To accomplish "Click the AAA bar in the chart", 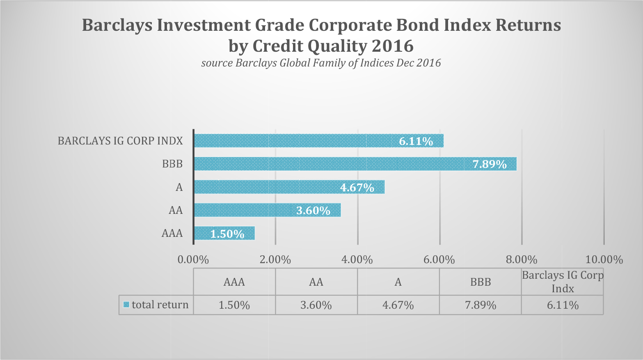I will (224, 233).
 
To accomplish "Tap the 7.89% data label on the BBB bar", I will (490, 164).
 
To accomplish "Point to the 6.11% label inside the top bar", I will (416, 141).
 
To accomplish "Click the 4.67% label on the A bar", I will (357, 188).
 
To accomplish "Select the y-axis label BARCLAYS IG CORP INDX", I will (120, 141).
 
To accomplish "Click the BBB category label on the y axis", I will (172, 164).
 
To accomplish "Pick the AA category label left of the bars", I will (176, 210).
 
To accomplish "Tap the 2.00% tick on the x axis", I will (275, 259).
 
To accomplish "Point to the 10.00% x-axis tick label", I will (604, 259).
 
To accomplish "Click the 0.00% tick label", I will (193, 259).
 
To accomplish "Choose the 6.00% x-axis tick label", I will (439, 259).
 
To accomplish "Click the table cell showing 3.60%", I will (316, 305).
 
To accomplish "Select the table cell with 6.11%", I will (563, 305).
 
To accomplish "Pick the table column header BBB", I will (481, 282).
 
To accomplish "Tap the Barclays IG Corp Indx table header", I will (563, 282).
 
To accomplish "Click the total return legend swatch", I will (126, 305).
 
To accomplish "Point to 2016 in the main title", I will (393, 46).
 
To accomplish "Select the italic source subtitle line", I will (321, 63).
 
